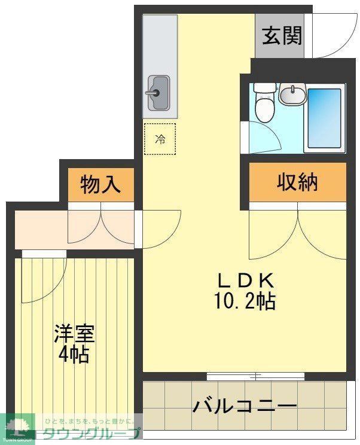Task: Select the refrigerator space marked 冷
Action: tap(160, 139)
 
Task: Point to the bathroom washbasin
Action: tap(292, 95)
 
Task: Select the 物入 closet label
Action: tap(100, 184)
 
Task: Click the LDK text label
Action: tap(245, 280)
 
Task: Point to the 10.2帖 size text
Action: tap(245, 301)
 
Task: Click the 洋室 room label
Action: tap(74, 333)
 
